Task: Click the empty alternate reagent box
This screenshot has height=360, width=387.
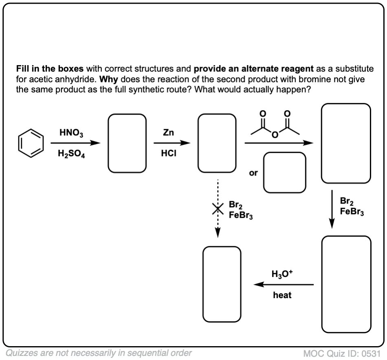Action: pos(284,172)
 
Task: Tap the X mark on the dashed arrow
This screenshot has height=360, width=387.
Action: pos(218,208)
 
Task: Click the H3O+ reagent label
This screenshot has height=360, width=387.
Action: pos(282,274)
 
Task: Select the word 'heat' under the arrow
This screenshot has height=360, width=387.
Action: pos(282,295)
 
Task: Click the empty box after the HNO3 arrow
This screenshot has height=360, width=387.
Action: pos(127,143)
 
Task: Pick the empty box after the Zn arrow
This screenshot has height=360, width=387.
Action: pos(217,143)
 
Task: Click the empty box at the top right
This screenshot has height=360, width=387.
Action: pos(346,143)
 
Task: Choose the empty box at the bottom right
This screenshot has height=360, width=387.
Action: pos(346,285)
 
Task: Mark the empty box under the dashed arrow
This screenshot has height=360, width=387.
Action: pos(222,284)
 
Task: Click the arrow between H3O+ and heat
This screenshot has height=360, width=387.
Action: pos(284,285)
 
